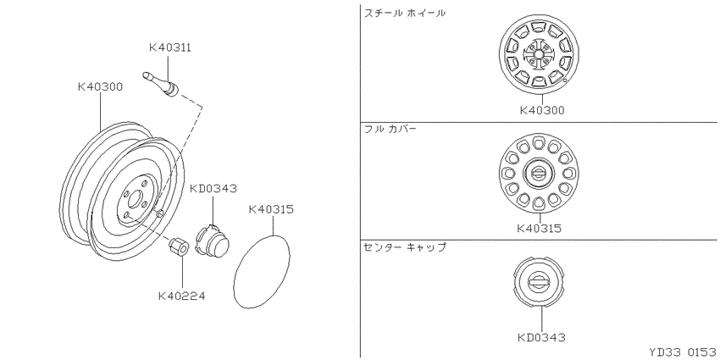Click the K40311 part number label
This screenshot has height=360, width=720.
coord(169,47)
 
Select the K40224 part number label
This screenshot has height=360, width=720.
coord(182,296)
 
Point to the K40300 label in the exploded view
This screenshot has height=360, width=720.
coord(100,86)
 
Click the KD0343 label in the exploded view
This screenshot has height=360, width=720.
coord(213,188)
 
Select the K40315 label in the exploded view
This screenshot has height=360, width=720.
coord(271,209)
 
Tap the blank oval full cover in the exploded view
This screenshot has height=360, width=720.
coord(262,271)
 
